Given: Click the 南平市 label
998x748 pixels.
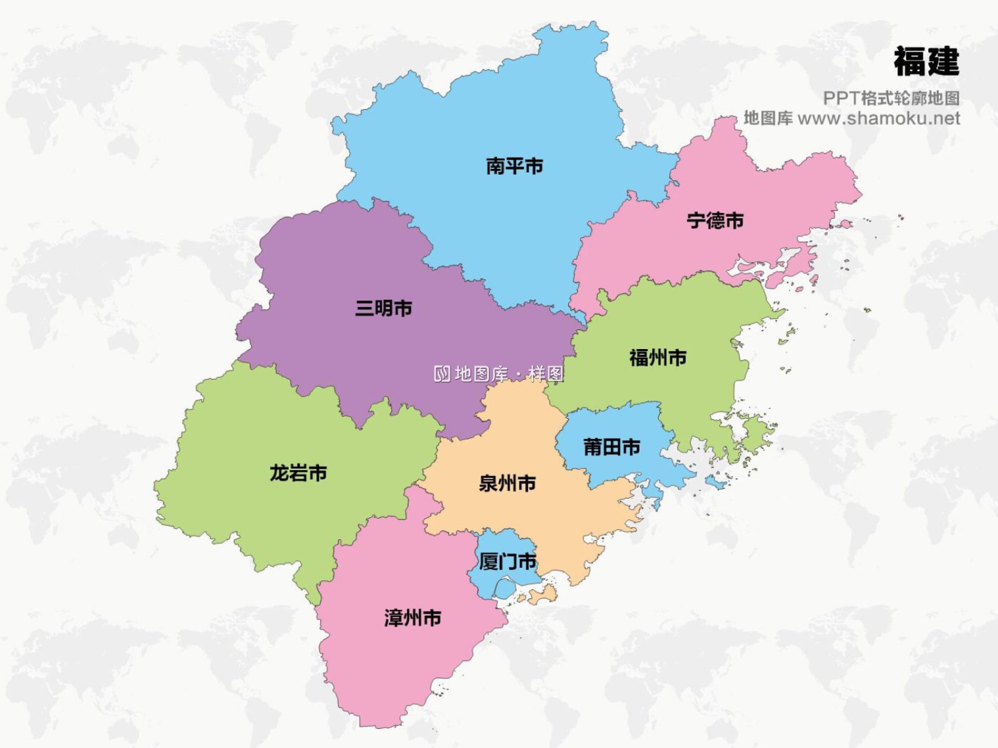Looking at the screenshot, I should pos(514,166).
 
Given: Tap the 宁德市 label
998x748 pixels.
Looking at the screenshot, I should pos(715,220).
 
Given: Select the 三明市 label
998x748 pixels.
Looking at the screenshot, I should pos(383,308).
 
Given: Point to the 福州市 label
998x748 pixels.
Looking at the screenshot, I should pos(657,358).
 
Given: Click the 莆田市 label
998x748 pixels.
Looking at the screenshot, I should pos(611,447).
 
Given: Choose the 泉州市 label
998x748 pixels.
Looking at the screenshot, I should pos(507,483).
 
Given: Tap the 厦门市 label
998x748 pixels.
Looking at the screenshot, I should pos(508,562).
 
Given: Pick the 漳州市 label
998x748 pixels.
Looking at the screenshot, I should pos(413,618).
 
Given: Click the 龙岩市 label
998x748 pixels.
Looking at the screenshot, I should pos(298,473).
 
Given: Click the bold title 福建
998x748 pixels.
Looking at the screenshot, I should pos(926,62).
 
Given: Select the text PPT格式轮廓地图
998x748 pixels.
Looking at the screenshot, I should pos(891,98).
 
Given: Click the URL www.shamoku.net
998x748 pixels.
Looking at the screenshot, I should pos(878,118).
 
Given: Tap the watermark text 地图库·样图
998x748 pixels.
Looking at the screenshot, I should pos(509,374).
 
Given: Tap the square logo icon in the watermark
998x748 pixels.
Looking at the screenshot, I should pos(442,374).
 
